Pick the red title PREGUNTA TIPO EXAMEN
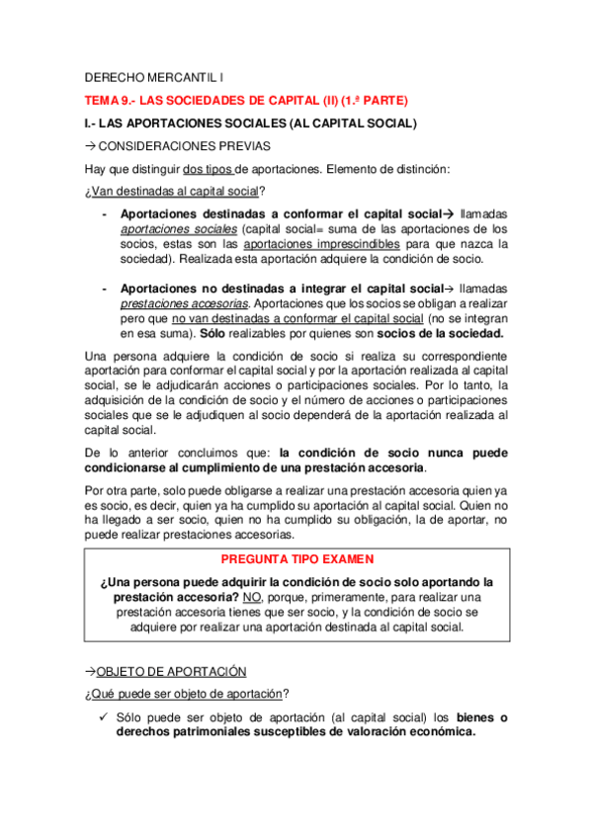pyautogui.click(x=296, y=558)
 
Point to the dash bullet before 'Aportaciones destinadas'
pyautogui.click(x=105, y=213)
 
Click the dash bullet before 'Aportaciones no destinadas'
pyautogui.click(x=105, y=289)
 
